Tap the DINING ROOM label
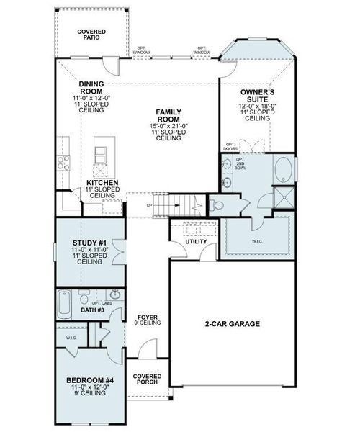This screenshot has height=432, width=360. tap(93, 88)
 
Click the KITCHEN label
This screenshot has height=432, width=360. tap(102, 184)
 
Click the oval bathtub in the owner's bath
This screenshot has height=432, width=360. tap(284, 171)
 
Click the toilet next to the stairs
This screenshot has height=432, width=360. tap(219, 205)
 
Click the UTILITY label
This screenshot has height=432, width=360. tap(196, 242)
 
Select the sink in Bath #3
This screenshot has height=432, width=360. tap(115, 294)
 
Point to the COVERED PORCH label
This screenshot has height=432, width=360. tap(148, 379)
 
